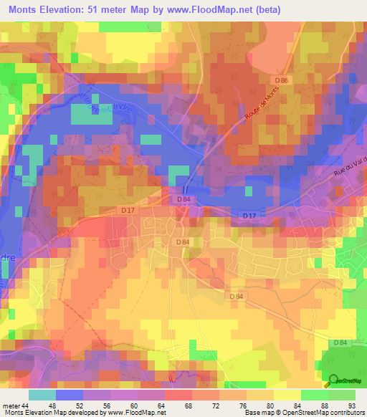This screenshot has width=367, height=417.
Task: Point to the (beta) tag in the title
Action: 265,10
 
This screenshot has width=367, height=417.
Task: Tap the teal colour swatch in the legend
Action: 42,395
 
